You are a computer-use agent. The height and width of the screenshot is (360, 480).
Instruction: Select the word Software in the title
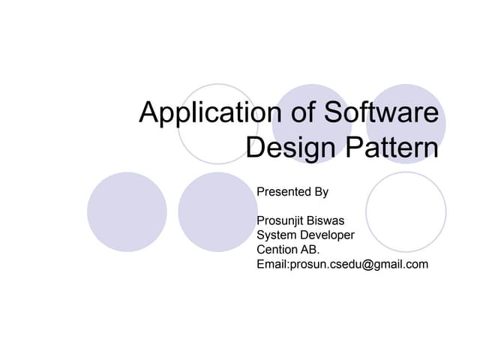(382, 113)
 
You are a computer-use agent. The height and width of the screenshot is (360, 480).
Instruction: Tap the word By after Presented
(321, 192)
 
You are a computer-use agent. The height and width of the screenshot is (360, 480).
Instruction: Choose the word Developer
(328, 235)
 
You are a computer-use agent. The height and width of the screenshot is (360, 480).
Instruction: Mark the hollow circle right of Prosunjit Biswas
(406, 212)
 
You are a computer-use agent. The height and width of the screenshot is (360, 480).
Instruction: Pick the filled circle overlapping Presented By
(218, 212)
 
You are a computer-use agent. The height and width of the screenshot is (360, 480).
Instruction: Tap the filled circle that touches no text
(127, 212)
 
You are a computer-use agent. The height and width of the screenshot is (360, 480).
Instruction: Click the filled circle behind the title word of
(311, 124)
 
